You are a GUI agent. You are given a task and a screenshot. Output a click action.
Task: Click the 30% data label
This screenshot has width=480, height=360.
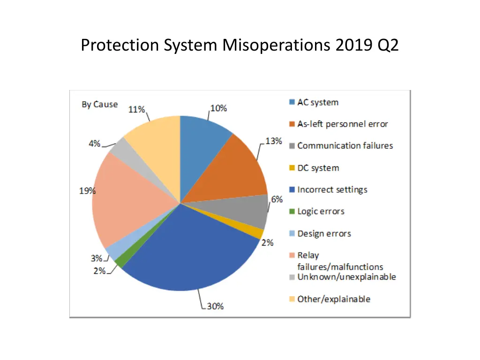tap(216, 306)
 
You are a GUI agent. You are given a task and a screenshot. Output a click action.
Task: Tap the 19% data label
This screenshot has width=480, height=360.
tap(87, 191)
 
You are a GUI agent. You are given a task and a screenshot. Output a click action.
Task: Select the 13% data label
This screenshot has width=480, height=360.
tap(274, 141)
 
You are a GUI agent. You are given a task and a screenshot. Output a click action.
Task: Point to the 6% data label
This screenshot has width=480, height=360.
tap(277, 199)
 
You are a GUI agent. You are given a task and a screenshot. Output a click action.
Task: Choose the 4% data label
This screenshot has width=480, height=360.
tap(95, 143)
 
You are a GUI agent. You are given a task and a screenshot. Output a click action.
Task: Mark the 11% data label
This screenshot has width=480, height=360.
tap(136, 110)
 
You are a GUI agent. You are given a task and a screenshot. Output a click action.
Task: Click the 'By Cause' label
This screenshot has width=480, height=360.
tap(100, 104)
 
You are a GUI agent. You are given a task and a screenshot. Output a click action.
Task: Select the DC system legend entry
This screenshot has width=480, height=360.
tap(318, 168)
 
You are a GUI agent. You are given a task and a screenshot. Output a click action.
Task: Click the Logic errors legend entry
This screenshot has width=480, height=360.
tap(321, 211)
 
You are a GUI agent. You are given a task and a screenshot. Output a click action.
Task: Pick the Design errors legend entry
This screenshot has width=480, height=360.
tap(324, 233)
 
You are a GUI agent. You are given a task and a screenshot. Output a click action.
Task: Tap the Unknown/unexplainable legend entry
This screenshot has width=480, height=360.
tap(346, 277)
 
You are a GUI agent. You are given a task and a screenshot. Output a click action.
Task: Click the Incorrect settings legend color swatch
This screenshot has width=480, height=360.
tap(292, 190)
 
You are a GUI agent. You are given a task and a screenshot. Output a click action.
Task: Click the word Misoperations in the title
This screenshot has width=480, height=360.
tap(277, 45)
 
